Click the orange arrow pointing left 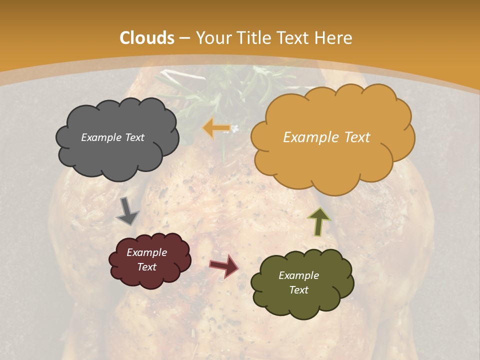point(216,128)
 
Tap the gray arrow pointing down point(127,211)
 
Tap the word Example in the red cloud point(146,252)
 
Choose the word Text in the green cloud point(298,290)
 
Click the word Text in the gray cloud point(134,137)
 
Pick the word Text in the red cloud point(146,267)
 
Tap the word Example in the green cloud point(298,275)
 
